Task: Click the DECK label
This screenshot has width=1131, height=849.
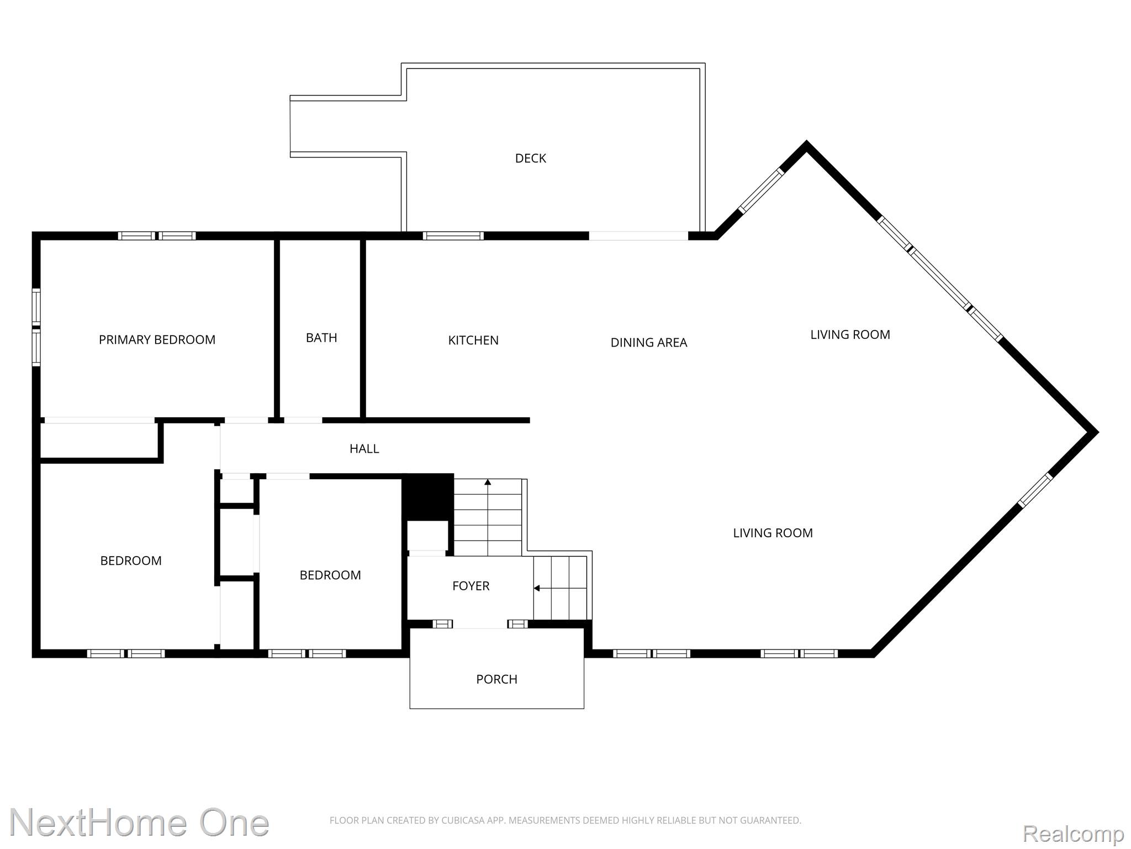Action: point(530,159)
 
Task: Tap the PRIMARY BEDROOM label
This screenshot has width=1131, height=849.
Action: point(157,340)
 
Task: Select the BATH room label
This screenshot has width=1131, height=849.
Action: point(321,338)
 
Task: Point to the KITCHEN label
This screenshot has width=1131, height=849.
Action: point(473,340)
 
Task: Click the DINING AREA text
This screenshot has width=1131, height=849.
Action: point(649,343)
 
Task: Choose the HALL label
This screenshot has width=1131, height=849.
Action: point(364,449)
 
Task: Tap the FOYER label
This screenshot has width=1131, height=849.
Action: point(471,586)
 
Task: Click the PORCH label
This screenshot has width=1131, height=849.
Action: point(496,679)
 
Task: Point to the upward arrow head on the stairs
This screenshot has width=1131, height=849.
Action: point(488,483)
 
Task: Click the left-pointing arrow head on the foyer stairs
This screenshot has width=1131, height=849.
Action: point(537,588)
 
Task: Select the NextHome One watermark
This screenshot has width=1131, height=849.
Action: point(139,822)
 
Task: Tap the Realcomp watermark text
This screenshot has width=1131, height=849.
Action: point(1073,834)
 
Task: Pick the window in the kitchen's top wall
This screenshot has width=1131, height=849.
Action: point(453,236)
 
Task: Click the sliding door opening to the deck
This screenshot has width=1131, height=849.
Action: point(638,236)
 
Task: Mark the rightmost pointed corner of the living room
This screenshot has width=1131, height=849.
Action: point(1096,432)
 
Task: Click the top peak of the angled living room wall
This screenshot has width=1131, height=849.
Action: point(807,144)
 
